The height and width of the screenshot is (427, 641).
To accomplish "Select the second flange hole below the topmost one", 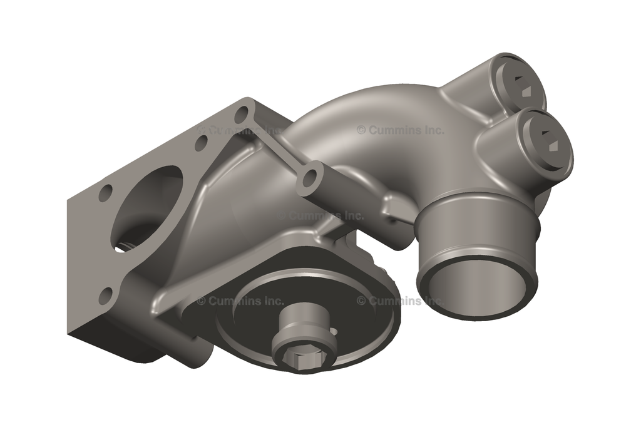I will (x=201, y=143).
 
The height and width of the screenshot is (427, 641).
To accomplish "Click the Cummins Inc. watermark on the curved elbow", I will (x=401, y=130).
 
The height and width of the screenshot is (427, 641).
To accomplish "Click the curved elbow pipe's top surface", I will (x=376, y=106).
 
